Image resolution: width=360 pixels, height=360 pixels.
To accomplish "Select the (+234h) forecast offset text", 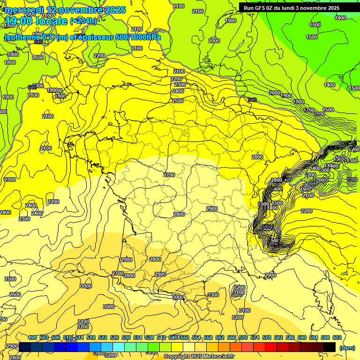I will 84,21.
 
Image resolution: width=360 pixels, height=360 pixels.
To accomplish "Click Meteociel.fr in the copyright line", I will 216,357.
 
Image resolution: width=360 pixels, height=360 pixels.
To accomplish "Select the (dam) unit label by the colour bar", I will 347,347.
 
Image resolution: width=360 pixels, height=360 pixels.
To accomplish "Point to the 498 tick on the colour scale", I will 32,337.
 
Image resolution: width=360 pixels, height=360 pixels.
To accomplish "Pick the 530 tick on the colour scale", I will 126,337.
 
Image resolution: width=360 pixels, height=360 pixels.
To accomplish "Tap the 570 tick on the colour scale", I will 243,337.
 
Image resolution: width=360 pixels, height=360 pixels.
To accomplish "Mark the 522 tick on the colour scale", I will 103,337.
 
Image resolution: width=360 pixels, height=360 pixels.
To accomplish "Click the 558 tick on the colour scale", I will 208,337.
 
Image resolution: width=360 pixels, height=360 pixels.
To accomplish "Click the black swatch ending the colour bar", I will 330,347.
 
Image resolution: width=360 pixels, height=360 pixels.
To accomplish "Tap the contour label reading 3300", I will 213,295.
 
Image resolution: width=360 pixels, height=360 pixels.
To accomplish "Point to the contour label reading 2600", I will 15,294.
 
